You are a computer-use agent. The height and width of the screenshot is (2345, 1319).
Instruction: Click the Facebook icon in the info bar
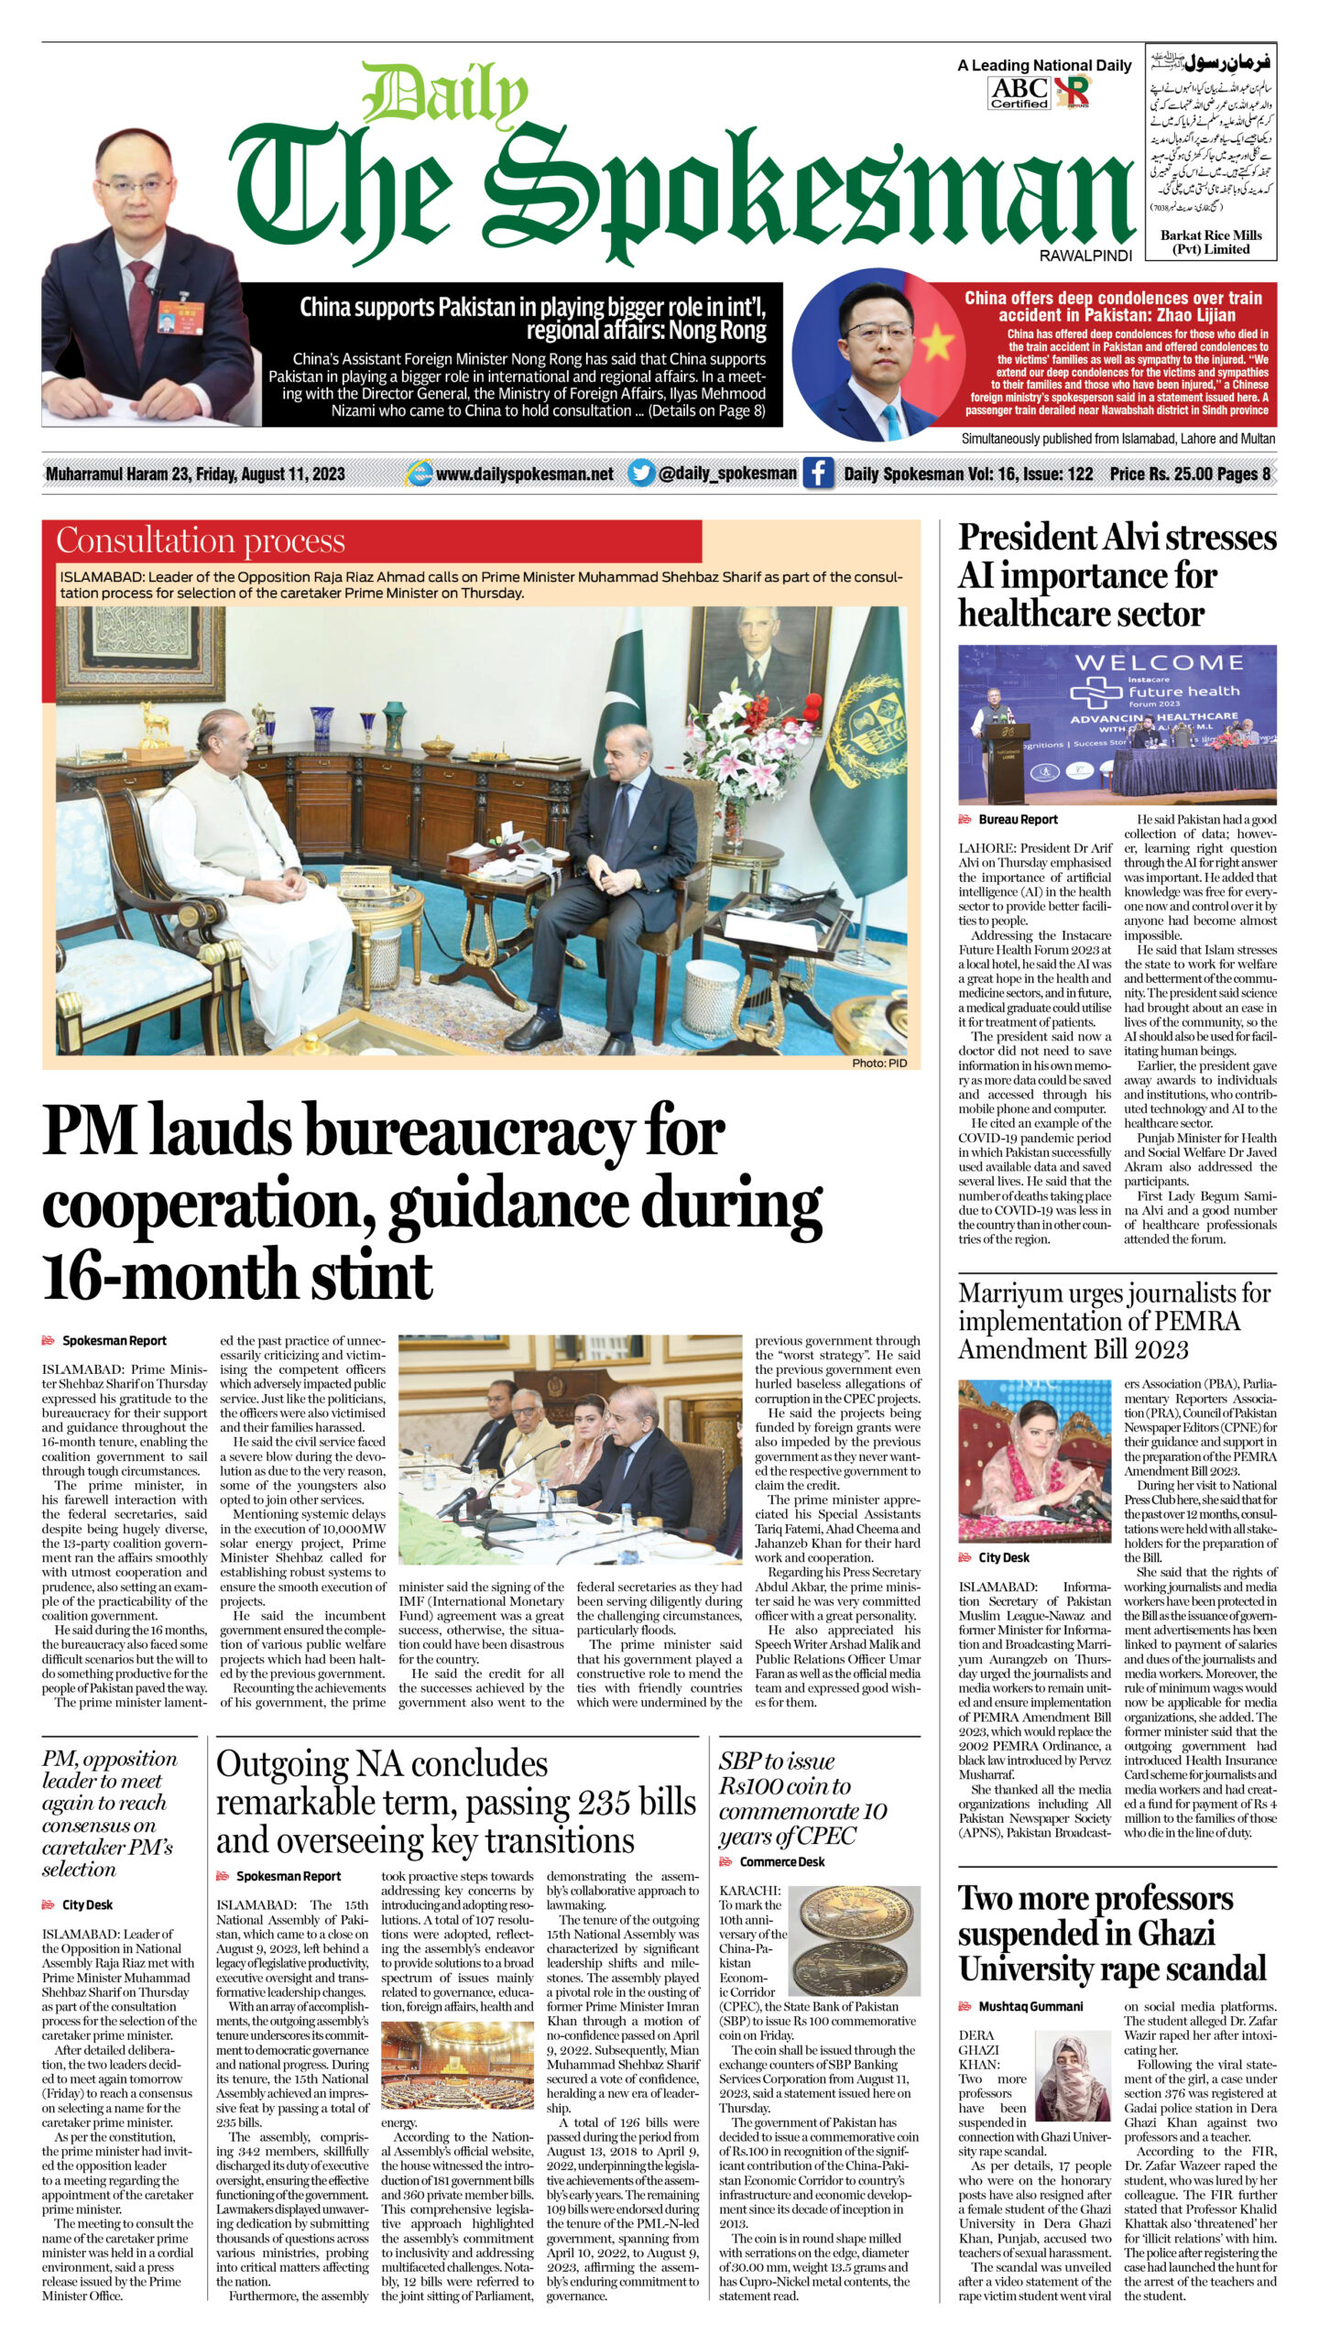coord(818,474)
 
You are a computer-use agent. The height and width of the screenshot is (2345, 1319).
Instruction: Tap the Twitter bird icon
coord(641,473)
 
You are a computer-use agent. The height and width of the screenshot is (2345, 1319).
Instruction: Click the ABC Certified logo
coord(1019,93)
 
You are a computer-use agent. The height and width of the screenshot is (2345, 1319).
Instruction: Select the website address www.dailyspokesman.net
coord(524,474)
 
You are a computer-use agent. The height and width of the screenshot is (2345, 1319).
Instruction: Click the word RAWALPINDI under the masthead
coord(1085,256)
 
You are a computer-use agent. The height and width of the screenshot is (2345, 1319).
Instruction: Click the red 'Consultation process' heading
coord(201,541)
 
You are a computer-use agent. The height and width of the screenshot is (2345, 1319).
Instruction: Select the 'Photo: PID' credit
coord(878,1063)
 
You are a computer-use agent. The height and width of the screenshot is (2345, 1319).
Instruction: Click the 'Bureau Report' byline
coord(1018,820)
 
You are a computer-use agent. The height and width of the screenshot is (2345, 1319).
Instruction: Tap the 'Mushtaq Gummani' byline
coord(1030,2006)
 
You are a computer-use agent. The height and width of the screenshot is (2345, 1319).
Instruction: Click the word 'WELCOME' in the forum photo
coord(1158,662)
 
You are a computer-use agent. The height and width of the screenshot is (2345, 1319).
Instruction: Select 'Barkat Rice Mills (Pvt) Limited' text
coord(1210,242)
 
